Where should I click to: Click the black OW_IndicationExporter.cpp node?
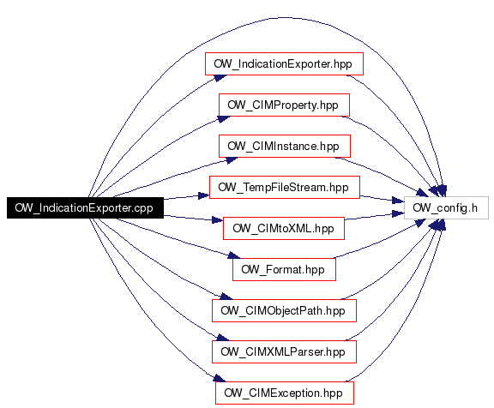pos(85,207)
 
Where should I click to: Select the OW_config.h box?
pos(446,207)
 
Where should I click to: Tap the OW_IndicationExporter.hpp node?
pos(284,64)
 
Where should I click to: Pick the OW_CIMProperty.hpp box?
pos(284,105)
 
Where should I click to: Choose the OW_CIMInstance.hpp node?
pos(285,146)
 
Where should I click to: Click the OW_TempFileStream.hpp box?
pos(284,188)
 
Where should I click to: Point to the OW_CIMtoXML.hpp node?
pos(284,228)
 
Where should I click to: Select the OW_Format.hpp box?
pos(284,269)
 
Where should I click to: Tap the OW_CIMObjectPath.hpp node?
pos(284,311)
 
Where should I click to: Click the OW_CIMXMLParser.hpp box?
pos(284,351)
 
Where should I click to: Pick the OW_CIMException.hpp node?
pos(285,393)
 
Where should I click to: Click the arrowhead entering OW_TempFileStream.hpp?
pos(204,195)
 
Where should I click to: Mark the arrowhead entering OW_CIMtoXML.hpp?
pos(218,219)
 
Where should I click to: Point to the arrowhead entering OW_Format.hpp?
pos(234,255)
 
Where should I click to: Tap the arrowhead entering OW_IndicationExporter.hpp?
pos(220,77)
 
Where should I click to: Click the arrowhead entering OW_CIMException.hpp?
pos(220,378)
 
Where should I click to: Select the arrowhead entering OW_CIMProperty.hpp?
pos(225,118)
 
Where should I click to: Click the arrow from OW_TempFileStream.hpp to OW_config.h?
pos(382,198)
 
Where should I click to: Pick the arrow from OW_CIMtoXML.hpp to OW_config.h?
pos(375,216)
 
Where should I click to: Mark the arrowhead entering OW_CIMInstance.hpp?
pos(232,160)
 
